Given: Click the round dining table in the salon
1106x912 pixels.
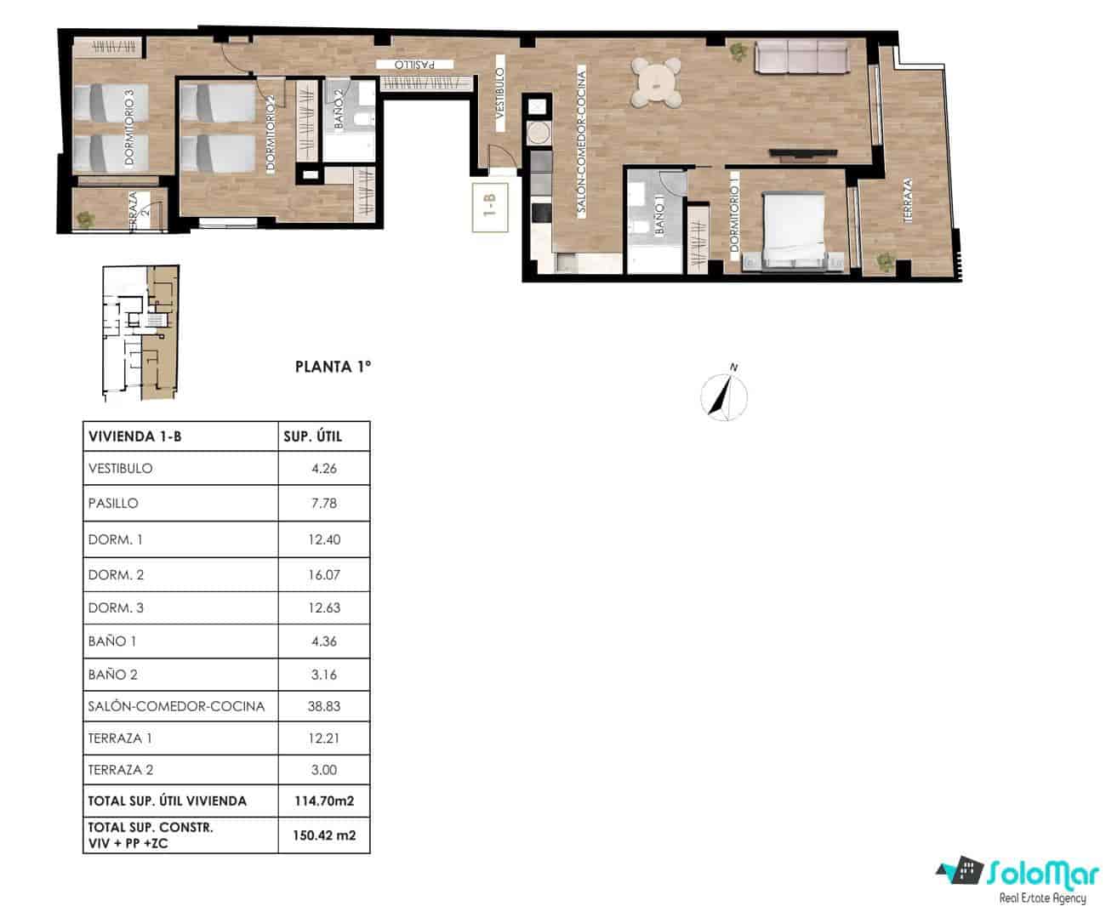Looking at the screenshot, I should pos(657,83).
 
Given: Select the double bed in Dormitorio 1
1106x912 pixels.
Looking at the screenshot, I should pos(795,231).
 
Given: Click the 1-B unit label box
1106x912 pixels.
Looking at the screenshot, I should pos(490,207).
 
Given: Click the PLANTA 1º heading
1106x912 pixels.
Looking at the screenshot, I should pos(334,368).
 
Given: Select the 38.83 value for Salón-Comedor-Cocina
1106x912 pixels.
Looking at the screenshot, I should pos(324,706).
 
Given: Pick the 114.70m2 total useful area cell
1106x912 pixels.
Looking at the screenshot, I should pos(324,801).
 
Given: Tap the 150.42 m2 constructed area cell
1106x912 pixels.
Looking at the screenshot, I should pos(324,835).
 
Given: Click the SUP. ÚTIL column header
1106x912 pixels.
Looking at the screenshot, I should pos(312,436).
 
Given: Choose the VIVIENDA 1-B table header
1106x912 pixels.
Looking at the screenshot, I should pos(134,436).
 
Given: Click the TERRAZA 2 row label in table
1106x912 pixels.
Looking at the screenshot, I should pos(121,770).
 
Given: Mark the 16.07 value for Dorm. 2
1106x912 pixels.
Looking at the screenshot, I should pos(324,574).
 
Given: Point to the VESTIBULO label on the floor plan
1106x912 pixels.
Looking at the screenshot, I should pos(500,100).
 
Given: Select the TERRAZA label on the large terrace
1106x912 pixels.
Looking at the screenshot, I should pos(908,201).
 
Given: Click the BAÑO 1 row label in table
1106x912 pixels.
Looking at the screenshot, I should pos(112,641).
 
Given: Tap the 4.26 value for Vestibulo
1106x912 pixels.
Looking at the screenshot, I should pos(324,468).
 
